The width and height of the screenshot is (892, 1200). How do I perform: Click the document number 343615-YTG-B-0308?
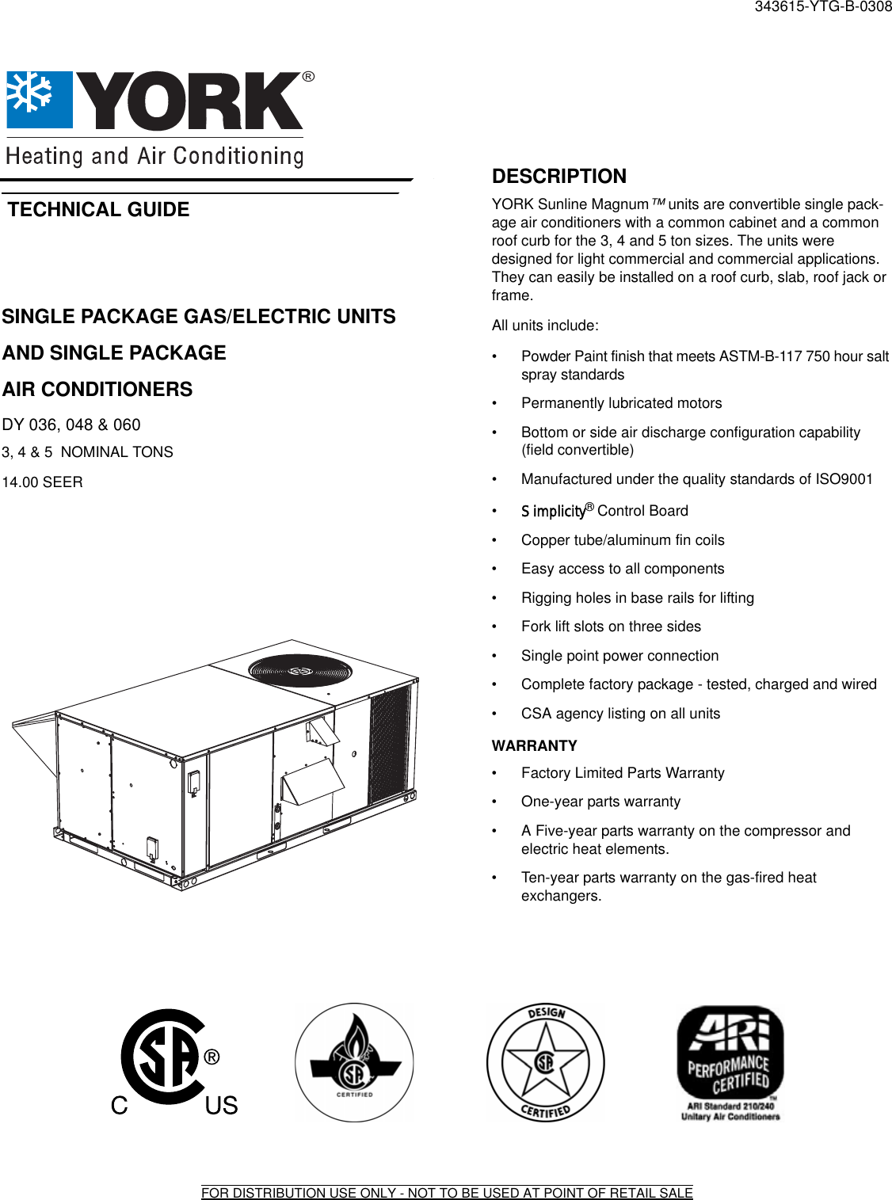(x=823, y=7)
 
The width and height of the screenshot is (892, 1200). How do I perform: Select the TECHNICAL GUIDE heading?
(x=99, y=210)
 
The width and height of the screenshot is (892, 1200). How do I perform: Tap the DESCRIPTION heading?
(x=558, y=176)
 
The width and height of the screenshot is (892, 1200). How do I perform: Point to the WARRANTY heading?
(x=534, y=745)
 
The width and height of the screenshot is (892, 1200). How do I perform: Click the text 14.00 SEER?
(x=42, y=482)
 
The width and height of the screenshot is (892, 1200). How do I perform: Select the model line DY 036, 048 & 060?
(x=71, y=425)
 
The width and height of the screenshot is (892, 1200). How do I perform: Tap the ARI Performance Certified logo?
(x=730, y=1062)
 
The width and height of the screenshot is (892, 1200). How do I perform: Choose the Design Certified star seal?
(x=545, y=1061)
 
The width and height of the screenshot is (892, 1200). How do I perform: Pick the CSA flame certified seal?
(x=354, y=1062)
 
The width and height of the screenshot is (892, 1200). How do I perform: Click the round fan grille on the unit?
(x=299, y=669)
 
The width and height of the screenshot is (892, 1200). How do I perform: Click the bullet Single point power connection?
(x=619, y=656)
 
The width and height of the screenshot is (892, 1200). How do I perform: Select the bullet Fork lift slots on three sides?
(x=611, y=627)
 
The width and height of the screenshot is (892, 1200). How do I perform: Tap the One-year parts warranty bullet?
(x=600, y=802)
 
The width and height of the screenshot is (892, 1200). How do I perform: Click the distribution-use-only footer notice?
(x=447, y=1193)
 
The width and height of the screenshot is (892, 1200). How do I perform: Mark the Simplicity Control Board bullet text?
(x=604, y=511)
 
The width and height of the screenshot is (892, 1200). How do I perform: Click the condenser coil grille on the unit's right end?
(x=391, y=745)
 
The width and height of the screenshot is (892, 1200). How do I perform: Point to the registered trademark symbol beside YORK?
(x=308, y=77)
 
